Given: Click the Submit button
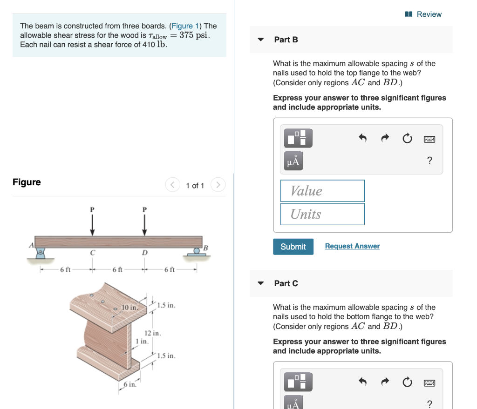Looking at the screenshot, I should tap(293, 247).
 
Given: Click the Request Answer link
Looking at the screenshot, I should tap(352, 246).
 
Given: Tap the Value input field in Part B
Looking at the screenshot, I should tap(322, 191).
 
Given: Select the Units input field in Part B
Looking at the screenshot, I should tap(322, 214).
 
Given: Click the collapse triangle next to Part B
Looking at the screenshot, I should tap(261, 40).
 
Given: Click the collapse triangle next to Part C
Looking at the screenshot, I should tap(261, 283).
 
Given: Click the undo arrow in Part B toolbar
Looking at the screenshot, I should tap(362, 138).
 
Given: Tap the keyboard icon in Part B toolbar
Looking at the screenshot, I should tap(429, 139).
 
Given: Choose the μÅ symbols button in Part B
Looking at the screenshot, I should tap(293, 161).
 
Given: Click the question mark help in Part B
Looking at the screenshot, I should tap(429, 161).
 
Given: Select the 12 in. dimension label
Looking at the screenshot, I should tap(152, 333).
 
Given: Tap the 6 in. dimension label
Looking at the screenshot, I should tap(130, 384).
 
